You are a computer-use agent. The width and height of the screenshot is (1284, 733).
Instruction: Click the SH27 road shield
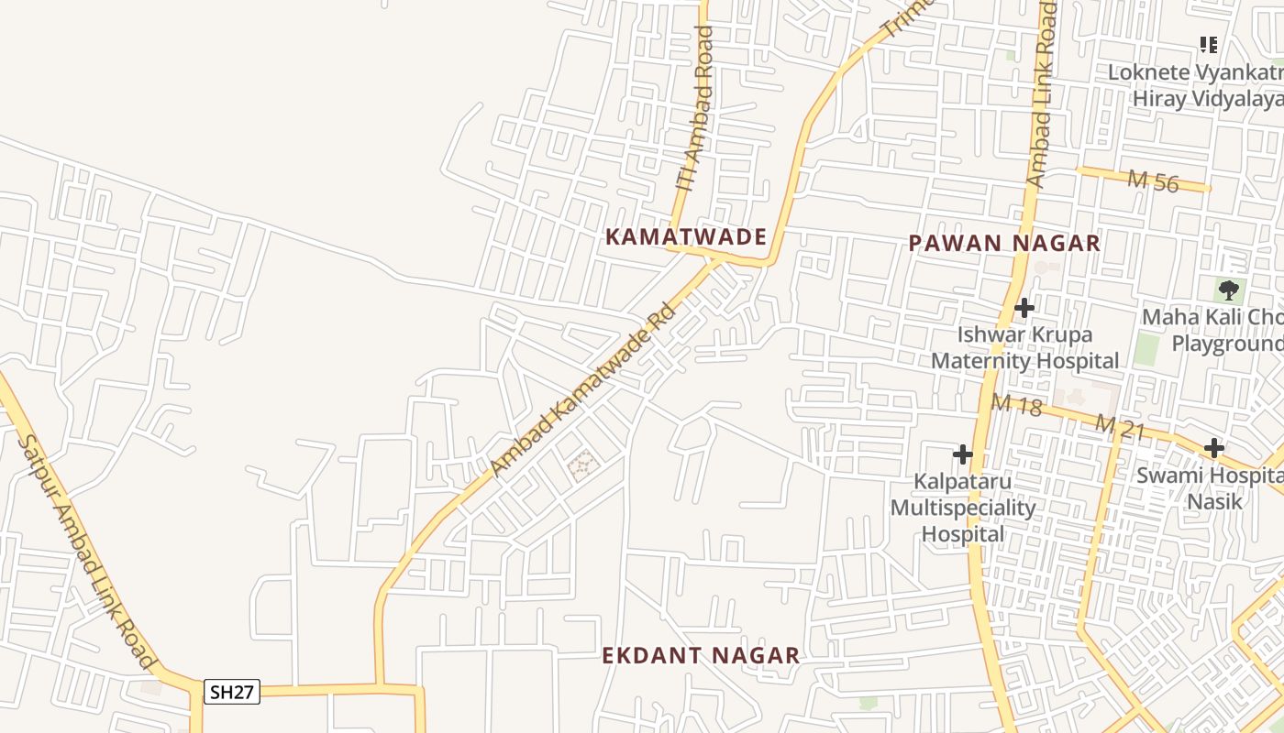tap(232, 692)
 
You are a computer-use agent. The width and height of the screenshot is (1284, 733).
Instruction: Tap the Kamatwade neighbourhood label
tap(686, 237)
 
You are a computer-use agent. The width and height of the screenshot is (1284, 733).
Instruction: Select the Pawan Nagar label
tap(1004, 243)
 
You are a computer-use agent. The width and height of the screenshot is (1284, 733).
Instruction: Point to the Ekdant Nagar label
tap(701, 656)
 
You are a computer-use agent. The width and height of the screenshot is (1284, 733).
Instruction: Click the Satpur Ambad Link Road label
tap(86, 551)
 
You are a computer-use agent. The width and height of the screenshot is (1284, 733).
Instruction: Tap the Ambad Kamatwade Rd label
tap(583, 390)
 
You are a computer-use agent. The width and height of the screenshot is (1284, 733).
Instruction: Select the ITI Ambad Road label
tap(695, 108)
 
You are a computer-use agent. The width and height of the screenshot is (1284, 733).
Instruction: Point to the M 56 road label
tap(1153, 181)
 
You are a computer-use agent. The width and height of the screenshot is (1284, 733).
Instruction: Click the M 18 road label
tap(1016, 403)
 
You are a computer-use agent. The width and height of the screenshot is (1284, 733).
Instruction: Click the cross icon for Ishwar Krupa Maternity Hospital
tap(1025, 308)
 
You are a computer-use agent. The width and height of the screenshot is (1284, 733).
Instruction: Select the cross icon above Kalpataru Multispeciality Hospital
tap(963, 454)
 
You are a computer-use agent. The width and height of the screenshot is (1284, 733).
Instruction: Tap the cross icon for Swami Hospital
tap(1214, 448)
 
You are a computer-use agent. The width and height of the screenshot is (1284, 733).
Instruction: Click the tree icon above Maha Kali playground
tap(1229, 291)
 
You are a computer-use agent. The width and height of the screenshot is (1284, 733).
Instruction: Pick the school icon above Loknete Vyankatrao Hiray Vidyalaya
tap(1209, 44)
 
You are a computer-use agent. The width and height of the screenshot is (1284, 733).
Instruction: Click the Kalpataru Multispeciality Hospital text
tap(963, 508)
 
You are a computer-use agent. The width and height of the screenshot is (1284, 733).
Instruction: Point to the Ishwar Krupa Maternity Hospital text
tap(1025, 347)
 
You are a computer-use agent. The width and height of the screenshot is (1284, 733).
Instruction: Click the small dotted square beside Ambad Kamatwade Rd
tap(583, 466)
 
